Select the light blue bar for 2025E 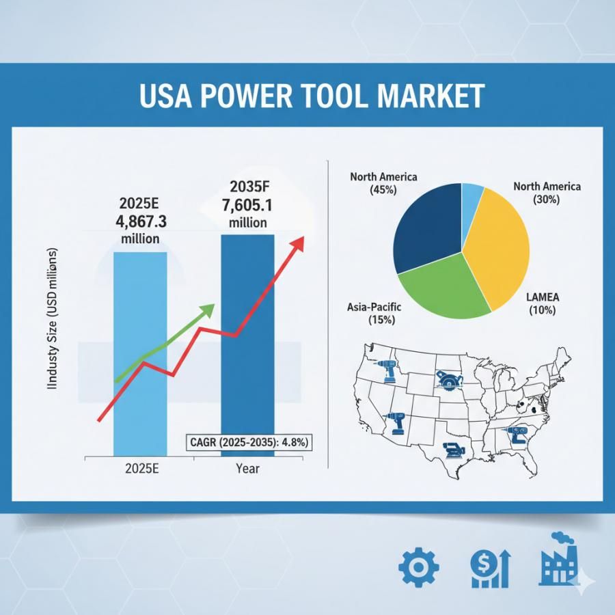(139, 355)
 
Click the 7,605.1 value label (248, 205)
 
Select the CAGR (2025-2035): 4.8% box (248, 443)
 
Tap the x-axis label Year (247, 469)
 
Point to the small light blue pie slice (472, 195)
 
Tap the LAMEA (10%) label (543, 303)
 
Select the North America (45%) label (383, 183)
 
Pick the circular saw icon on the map (447, 379)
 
